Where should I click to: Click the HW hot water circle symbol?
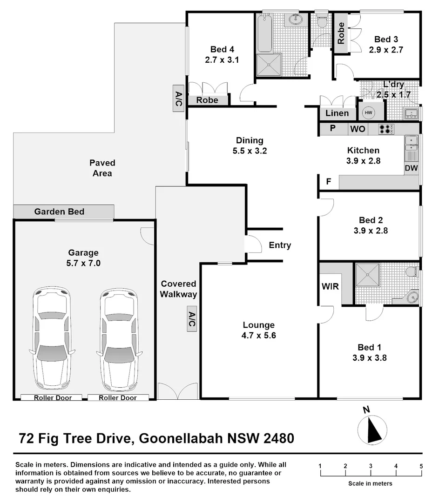pyautogui.click(x=369, y=112)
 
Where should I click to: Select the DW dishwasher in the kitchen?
pyautogui.click(x=411, y=168)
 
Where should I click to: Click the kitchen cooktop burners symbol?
pyautogui.click(x=386, y=129)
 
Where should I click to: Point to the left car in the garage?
pyautogui.click(x=52, y=340)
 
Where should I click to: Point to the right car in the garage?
pyautogui.click(x=119, y=340)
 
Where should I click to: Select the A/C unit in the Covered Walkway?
pyautogui.click(x=191, y=319)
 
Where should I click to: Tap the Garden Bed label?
pyautogui.click(x=59, y=212)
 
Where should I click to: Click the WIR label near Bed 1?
pyautogui.click(x=331, y=286)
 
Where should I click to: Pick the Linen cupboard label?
pyautogui.click(x=337, y=113)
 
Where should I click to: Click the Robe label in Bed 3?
pyautogui.click(x=341, y=33)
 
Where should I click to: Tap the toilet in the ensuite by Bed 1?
pyautogui.click(x=411, y=271)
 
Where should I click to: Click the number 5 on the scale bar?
pyautogui.click(x=421, y=466)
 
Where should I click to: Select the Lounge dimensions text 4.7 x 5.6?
pyautogui.click(x=259, y=336)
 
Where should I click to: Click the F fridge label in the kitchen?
pyautogui.click(x=328, y=182)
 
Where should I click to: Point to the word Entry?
pyautogui.click(x=280, y=245)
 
